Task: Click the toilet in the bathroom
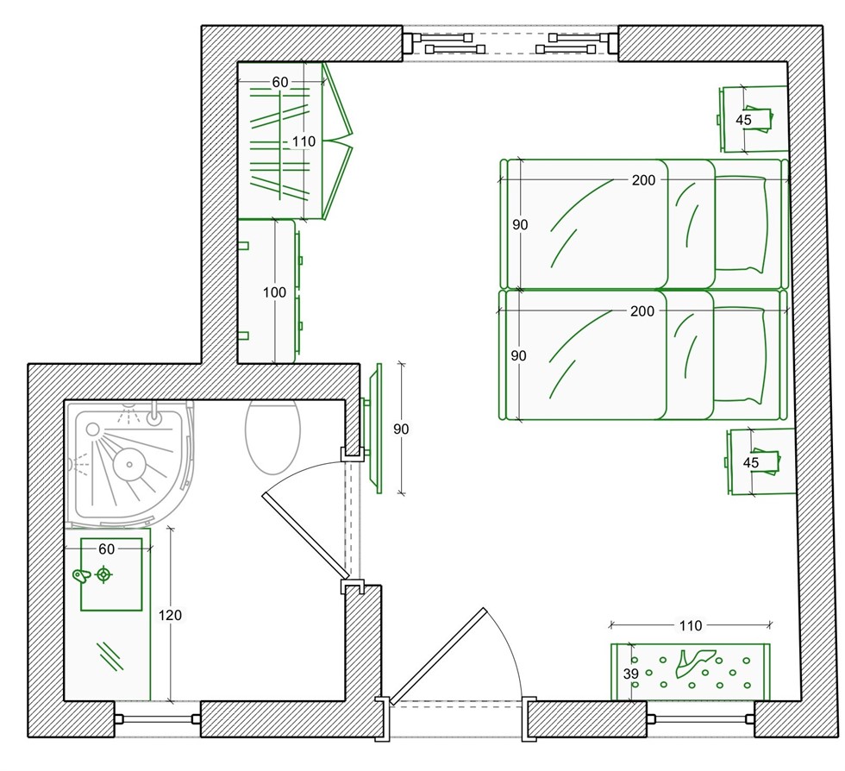pos(272,436)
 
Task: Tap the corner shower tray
pos(129,465)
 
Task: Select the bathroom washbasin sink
pos(111,574)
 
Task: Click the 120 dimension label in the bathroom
pos(171,615)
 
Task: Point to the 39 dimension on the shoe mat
pos(630,674)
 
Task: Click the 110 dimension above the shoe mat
pos(691,625)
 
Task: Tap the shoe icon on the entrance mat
pos(695,663)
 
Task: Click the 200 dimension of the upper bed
pos(643,180)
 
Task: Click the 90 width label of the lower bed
pos(518,356)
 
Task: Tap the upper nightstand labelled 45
pos(753,119)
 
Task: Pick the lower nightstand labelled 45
pos(760,462)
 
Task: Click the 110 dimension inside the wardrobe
pos(304,141)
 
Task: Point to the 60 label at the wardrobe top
pos(279,83)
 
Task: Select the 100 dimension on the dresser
pos(274,292)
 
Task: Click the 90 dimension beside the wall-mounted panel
pos(401,429)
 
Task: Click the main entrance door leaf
pos(438,656)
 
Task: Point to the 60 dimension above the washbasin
pos(107,548)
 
